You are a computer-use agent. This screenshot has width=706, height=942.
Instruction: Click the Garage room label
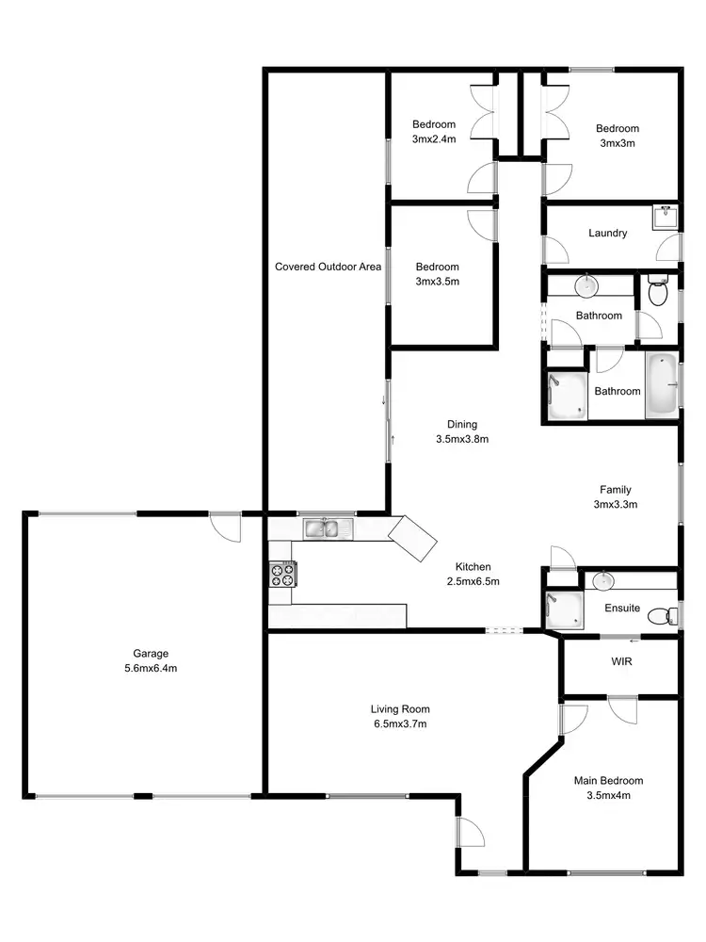(151, 653)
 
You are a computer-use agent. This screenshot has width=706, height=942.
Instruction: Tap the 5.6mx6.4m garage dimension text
(151, 668)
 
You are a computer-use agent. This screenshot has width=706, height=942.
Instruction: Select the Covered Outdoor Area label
(328, 267)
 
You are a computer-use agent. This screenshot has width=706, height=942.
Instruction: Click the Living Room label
(399, 709)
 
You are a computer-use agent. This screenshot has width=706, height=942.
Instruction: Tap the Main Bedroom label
(608, 781)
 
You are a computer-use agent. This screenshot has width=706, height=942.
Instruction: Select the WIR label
(620, 662)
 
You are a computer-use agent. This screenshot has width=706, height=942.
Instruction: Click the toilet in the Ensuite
(666, 616)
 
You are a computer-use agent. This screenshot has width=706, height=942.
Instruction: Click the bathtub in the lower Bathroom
(661, 386)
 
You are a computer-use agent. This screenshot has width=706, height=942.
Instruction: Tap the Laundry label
(607, 233)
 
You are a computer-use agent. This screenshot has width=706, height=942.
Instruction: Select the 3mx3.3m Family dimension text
(616, 504)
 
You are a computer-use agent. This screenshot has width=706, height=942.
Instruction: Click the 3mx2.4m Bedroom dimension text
(433, 139)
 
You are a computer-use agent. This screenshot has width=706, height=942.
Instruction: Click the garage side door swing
(226, 527)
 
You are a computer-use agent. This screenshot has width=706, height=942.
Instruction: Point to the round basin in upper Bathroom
(586, 284)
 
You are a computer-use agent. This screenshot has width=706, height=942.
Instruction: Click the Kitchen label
(473, 566)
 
